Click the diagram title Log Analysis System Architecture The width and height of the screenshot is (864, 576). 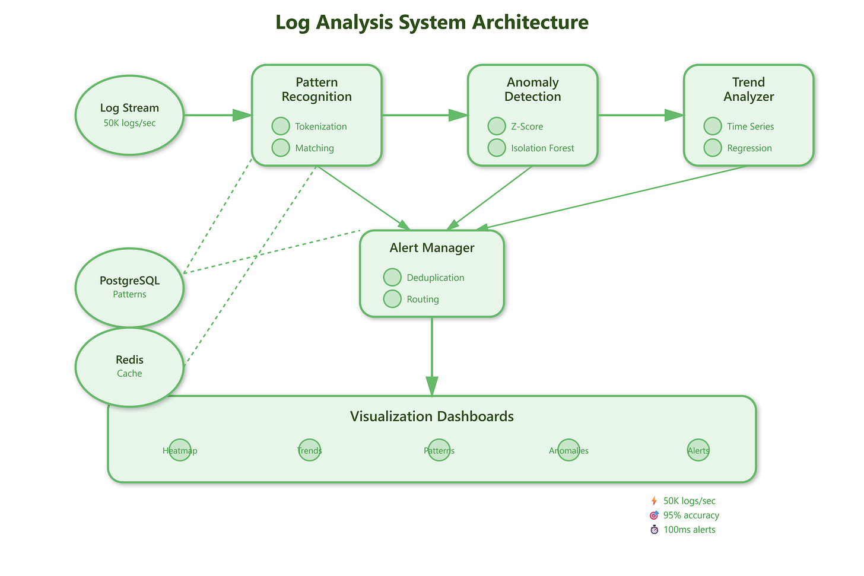point(432,23)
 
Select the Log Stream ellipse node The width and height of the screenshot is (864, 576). point(129,115)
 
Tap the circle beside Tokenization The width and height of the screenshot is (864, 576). point(281,126)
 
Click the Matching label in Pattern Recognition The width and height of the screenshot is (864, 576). point(315,148)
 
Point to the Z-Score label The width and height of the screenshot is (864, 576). point(527,126)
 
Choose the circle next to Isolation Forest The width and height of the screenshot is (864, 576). point(497,148)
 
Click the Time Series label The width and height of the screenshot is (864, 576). point(750,126)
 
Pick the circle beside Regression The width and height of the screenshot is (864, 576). point(713,148)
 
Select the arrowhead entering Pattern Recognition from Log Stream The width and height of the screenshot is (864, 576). point(243,115)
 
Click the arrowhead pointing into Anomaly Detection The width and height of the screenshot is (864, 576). point(459,115)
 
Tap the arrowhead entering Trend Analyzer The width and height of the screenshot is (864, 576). point(675,115)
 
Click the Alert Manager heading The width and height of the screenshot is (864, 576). point(432,247)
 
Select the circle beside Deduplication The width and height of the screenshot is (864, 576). point(392,277)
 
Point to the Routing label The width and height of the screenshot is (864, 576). point(423,299)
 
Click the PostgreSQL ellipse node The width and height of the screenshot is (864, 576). point(129,288)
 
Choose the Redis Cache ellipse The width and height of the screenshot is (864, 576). point(129,367)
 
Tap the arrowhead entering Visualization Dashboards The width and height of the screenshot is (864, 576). point(432,386)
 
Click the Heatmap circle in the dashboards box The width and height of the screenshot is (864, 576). point(180,450)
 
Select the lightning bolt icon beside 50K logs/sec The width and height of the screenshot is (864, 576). point(654,501)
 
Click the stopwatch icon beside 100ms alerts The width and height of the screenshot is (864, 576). point(654,530)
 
